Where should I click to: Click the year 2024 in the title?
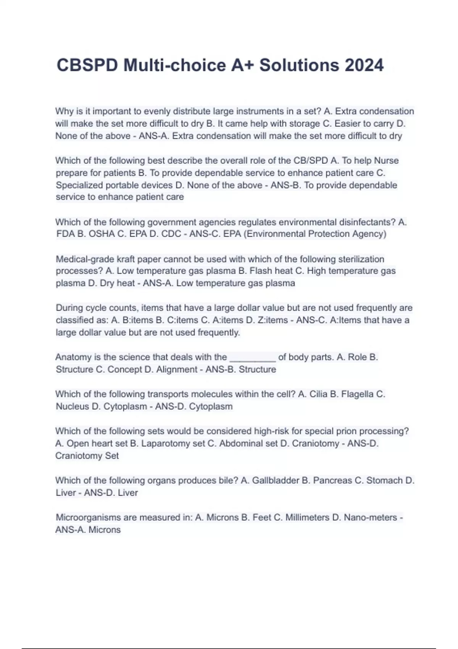pyautogui.click(x=364, y=65)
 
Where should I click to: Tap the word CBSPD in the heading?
pyautogui.click(x=87, y=65)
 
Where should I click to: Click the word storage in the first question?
pyautogui.click(x=305, y=124)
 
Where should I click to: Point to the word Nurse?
pyautogui.click(x=386, y=161)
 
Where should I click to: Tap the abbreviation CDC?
pyautogui.click(x=171, y=234)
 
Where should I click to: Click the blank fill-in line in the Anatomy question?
pyautogui.click(x=252, y=357)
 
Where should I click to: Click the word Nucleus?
pyautogui.click(x=72, y=407)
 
